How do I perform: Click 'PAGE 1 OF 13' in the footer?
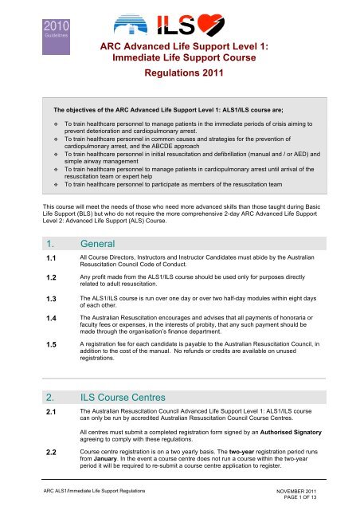tap(307, 500)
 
